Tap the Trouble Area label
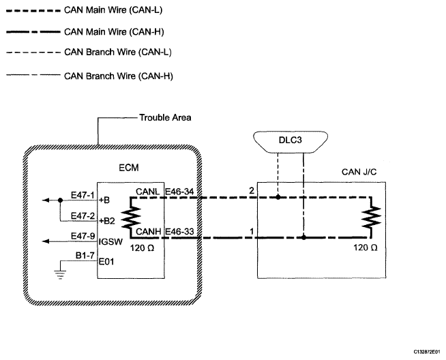pyautogui.click(x=165, y=117)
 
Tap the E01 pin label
pyautogui.click(x=106, y=260)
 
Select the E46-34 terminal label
pyautogui.click(x=179, y=193)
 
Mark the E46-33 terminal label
pyautogui.click(x=179, y=232)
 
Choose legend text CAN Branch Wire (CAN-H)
pyautogui.click(x=117, y=75)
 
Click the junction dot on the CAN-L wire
pyautogui.click(x=278, y=198)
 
